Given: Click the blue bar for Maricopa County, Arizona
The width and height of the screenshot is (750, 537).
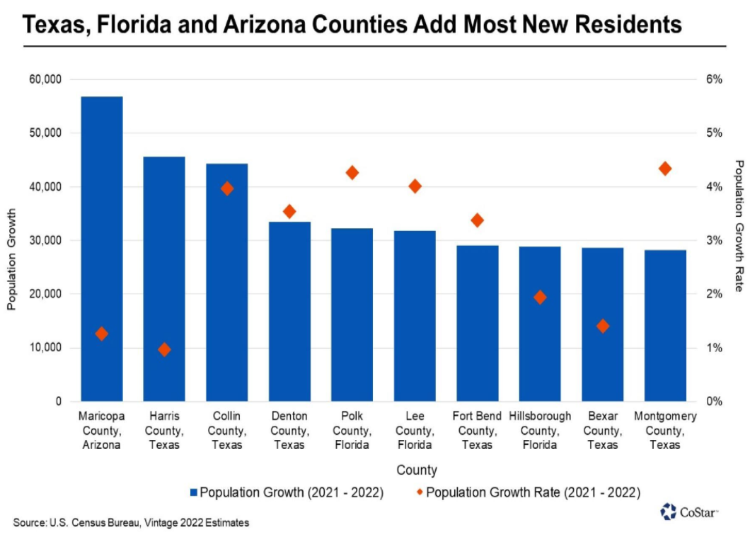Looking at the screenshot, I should (x=102, y=248).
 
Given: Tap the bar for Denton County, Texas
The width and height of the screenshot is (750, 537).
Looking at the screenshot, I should (x=289, y=312).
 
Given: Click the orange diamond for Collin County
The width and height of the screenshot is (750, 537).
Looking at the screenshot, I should (x=227, y=188).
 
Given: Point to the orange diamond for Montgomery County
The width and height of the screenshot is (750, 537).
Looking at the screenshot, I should (x=665, y=169).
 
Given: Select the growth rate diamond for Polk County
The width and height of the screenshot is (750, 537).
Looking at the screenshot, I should (x=352, y=173).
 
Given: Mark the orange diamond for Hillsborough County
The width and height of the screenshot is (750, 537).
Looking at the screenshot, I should (x=541, y=298).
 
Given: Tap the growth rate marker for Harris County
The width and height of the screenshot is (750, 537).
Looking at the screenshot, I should (x=165, y=349).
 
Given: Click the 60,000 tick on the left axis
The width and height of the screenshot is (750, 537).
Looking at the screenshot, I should (x=46, y=79).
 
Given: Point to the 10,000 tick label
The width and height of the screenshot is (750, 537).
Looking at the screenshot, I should (x=46, y=348).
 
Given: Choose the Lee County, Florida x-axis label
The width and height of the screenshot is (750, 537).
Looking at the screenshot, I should (x=415, y=431).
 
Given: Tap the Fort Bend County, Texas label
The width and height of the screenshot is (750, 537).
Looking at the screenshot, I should (x=477, y=431).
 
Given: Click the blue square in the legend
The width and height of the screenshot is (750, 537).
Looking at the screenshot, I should (x=194, y=492).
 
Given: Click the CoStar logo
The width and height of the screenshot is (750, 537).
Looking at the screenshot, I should (x=688, y=511).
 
